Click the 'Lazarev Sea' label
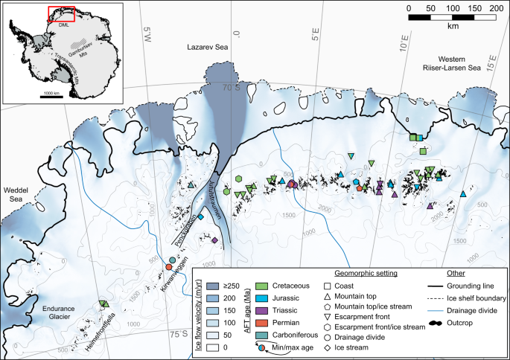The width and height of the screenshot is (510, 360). click(x=208, y=47)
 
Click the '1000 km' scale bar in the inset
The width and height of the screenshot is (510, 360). click(x=51, y=95)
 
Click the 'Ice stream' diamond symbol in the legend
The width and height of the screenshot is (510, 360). click(x=328, y=347)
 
